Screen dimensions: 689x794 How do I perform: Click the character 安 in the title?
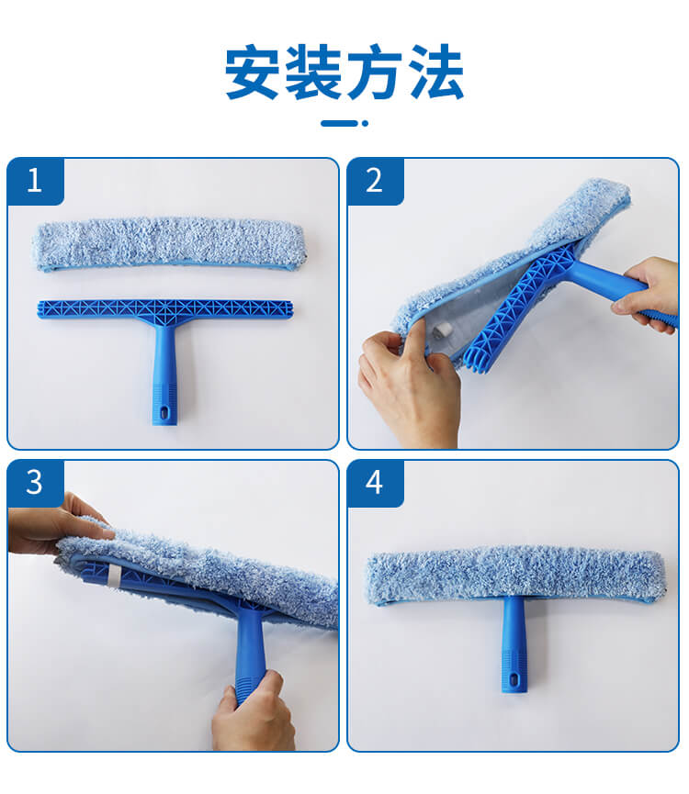[252, 72]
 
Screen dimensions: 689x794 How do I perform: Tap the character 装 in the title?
[313, 72]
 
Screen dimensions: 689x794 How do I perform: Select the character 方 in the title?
[375, 72]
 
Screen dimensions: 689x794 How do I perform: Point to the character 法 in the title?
[436, 72]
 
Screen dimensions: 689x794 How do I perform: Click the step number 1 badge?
[35, 181]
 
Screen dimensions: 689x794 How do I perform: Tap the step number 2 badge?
[375, 181]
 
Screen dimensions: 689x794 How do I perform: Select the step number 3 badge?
[35, 483]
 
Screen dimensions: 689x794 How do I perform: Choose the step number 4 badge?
[375, 483]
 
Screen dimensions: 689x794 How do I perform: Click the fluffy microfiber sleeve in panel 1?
[170, 244]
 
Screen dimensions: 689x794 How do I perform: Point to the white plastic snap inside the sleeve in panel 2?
[440, 332]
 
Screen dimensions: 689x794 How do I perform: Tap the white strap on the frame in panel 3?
[115, 577]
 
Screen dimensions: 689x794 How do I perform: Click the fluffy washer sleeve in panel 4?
[515, 575]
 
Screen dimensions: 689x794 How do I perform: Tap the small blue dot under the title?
[366, 123]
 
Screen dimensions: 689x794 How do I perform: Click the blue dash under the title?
[339, 123]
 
